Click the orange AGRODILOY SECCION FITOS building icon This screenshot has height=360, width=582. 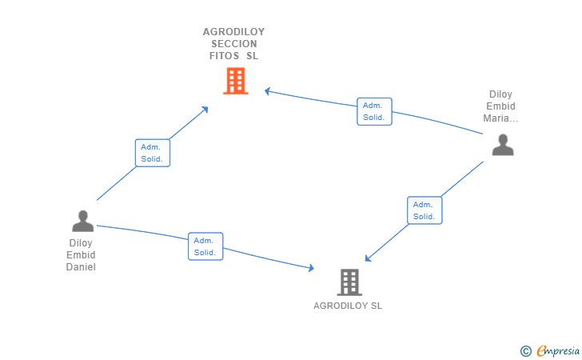pyautogui.click(x=236, y=81)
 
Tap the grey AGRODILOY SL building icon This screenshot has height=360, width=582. pyautogui.click(x=349, y=282)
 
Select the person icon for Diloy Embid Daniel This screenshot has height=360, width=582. pyautogui.click(x=83, y=221)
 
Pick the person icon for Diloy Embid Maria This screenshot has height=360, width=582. pyautogui.click(x=503, y=145)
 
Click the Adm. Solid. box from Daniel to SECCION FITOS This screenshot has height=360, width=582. pyautogui.click(x=153, y=153)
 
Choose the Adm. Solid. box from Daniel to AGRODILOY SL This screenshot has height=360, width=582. pyautogui.click(x=205, y=246)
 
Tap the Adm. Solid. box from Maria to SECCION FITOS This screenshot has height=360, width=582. pyautogui.click(x=374, y=111)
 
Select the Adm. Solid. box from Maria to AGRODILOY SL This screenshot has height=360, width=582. pyautogui.click(x=425, y=210)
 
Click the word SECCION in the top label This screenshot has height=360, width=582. pyautogui.click(x=234, y=44)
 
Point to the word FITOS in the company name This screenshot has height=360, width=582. pyautogui.click(x=224, y=56)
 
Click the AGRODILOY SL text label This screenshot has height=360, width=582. pyautogui.click(x=348, y=306)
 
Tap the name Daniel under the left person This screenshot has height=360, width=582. pyautogui.click(x=81, y=267)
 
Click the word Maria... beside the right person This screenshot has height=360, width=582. pyautogui.click(x=500, y=118)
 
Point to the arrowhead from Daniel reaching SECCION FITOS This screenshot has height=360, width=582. pyautogui.click(x=205, y=110)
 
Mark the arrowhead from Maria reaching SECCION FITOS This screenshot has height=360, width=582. pyautogui.click(x=267, y=91)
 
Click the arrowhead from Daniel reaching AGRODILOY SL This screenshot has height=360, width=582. pyautogui.click(x=311, y=267)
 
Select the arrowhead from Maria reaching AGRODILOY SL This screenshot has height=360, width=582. pyautogui.click(x=368, y=258)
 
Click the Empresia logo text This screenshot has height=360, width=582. pyautogui.click(x=558, y=350)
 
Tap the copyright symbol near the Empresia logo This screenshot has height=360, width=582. pyautogui.click(x=526, y=351)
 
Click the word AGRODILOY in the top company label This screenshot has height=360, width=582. pyautogui.click(x=233, y=32)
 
